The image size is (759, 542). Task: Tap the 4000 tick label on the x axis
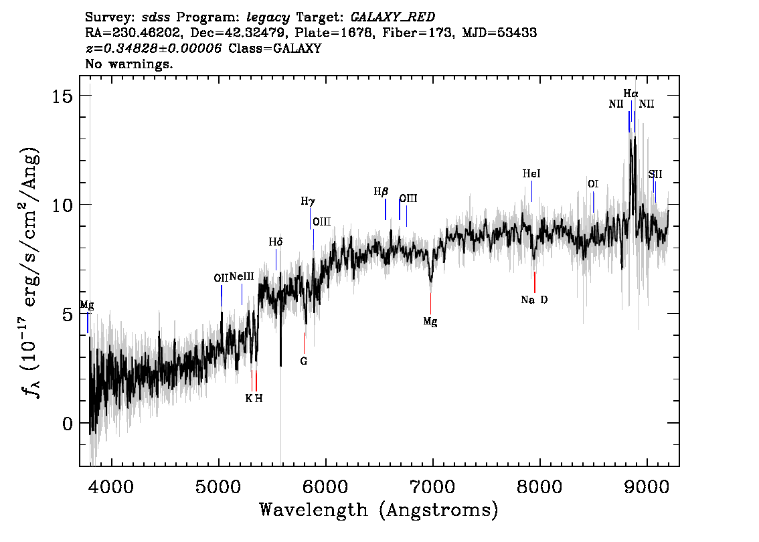111,484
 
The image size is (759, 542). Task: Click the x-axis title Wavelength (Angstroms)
379,510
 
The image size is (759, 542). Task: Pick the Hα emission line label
630,94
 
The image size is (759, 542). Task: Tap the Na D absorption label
534,300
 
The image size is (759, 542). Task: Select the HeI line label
531,174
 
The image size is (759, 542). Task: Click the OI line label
593,184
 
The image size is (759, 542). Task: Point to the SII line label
655,174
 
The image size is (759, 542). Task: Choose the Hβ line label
381,192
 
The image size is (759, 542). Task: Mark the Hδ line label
276,242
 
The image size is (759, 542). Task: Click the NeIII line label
242,276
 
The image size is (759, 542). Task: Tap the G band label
304,361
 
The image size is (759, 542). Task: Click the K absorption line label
249,398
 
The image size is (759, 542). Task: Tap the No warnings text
129,65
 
